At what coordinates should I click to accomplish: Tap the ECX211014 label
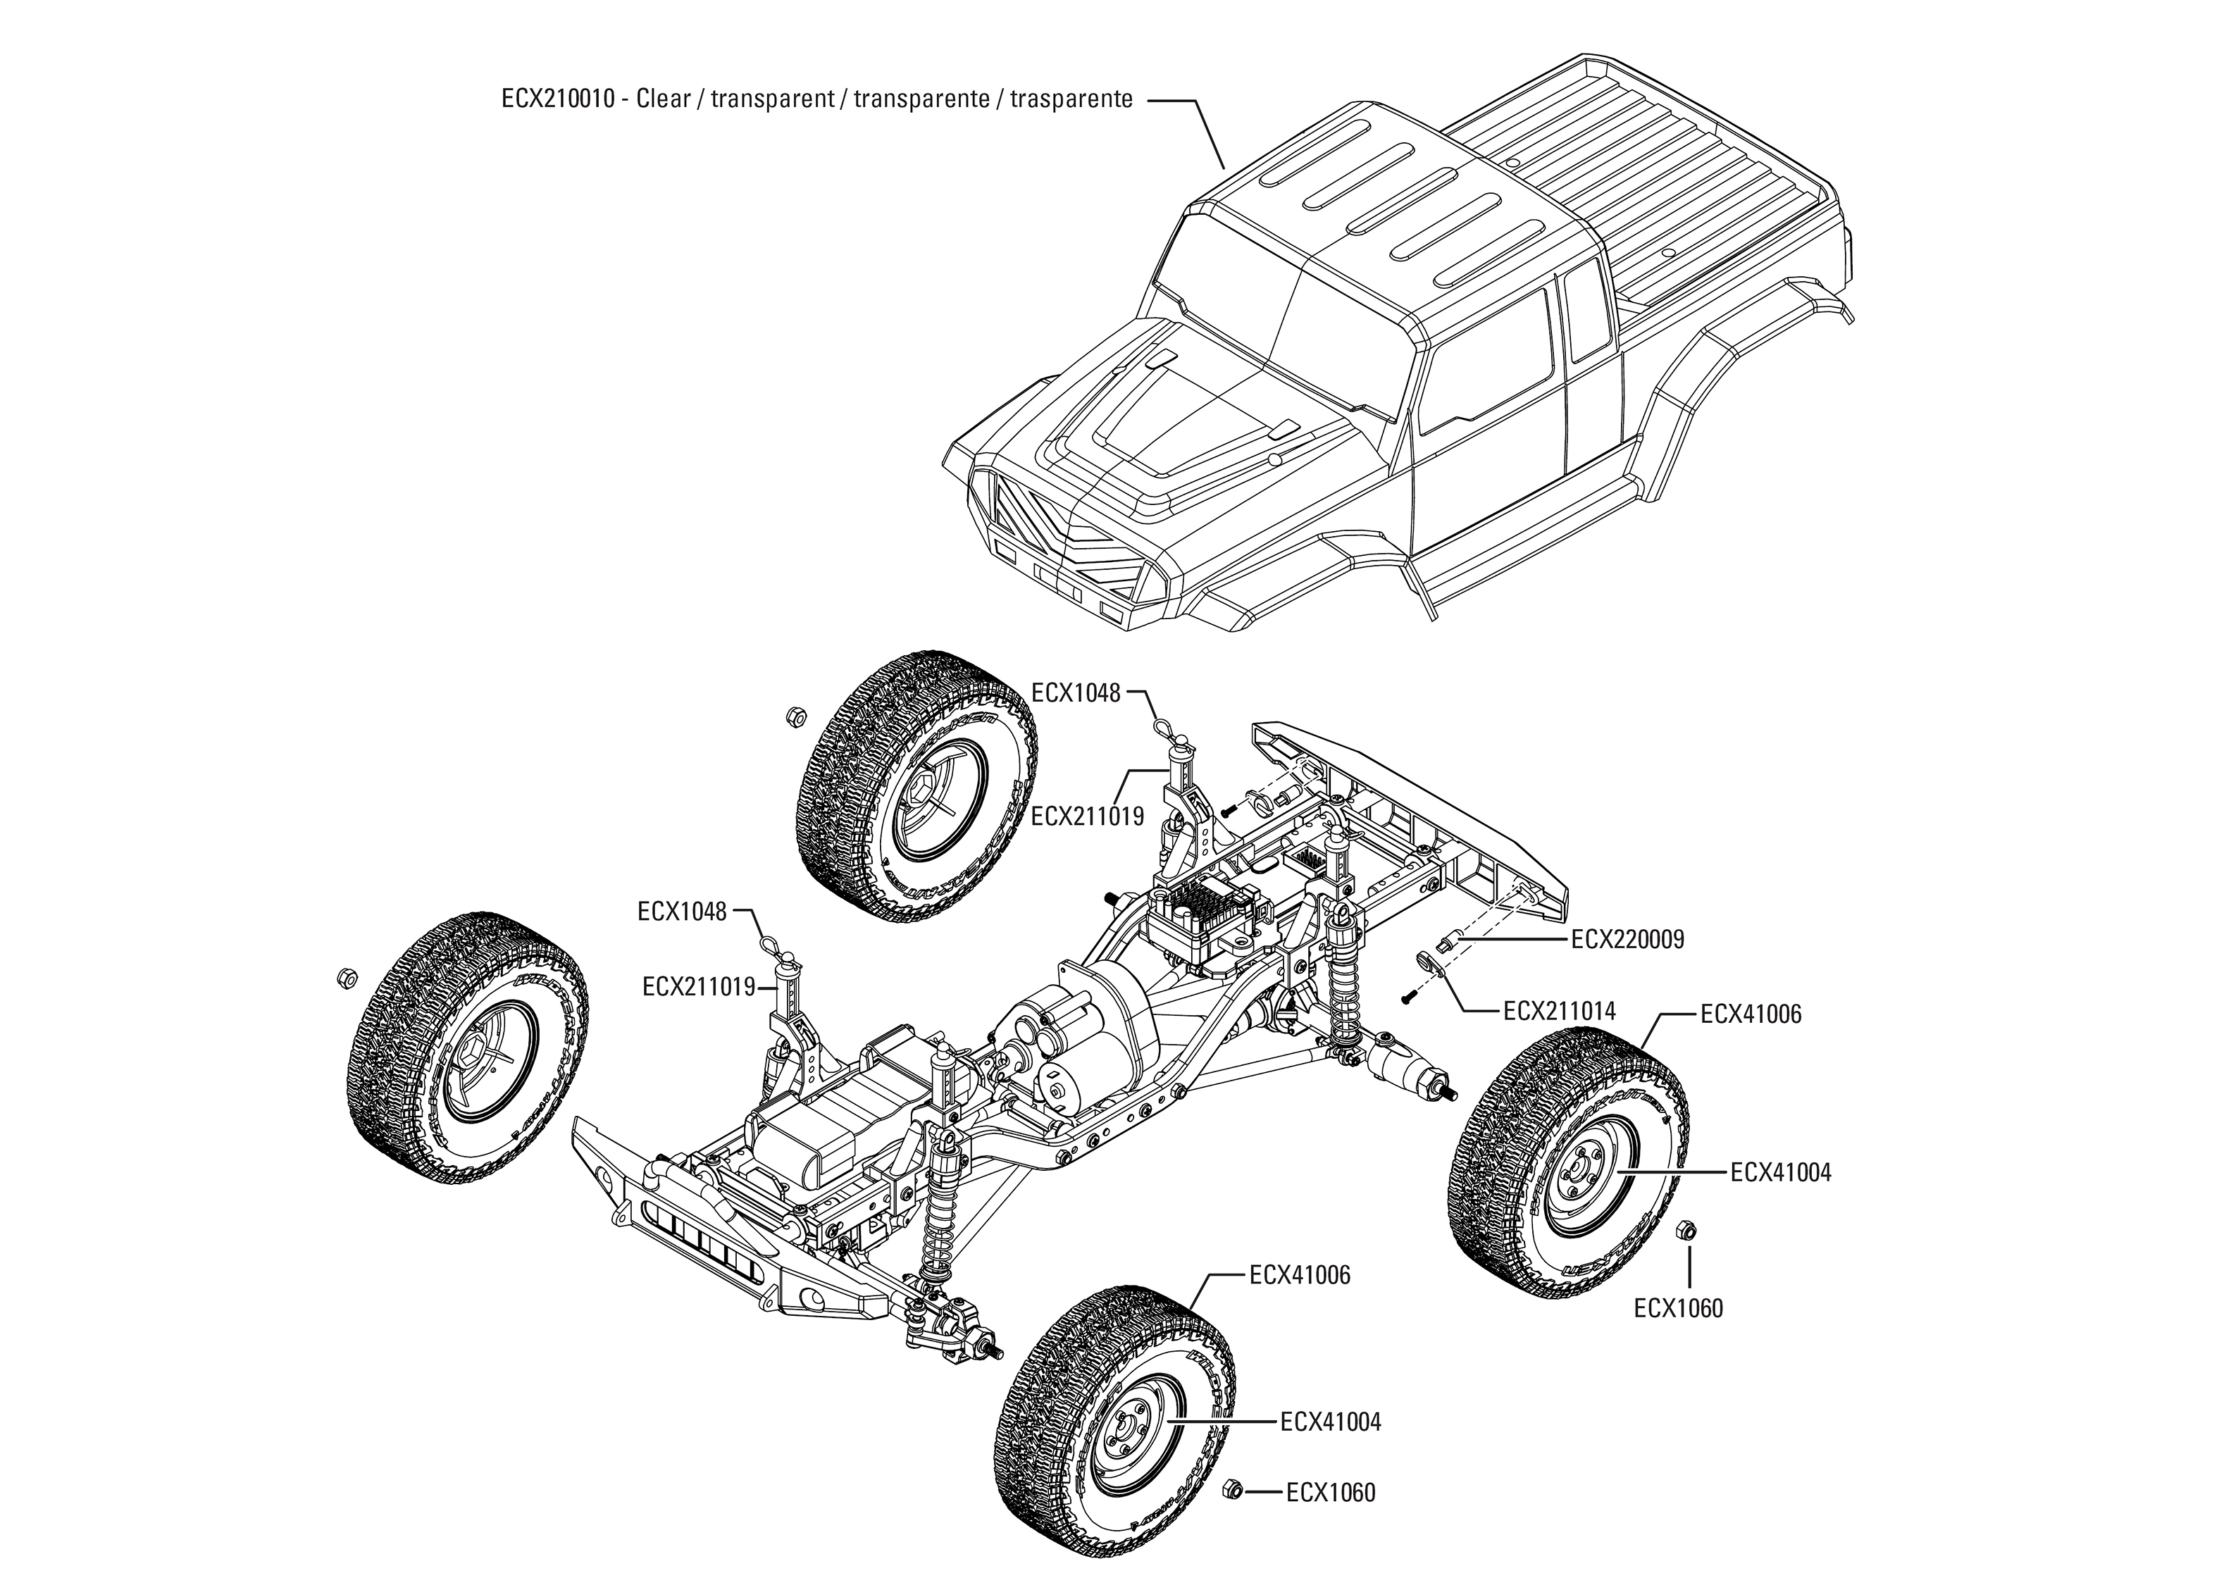[1560, 1011]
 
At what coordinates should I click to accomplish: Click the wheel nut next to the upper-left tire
[795, 717]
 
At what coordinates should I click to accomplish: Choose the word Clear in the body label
[663, 99]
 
